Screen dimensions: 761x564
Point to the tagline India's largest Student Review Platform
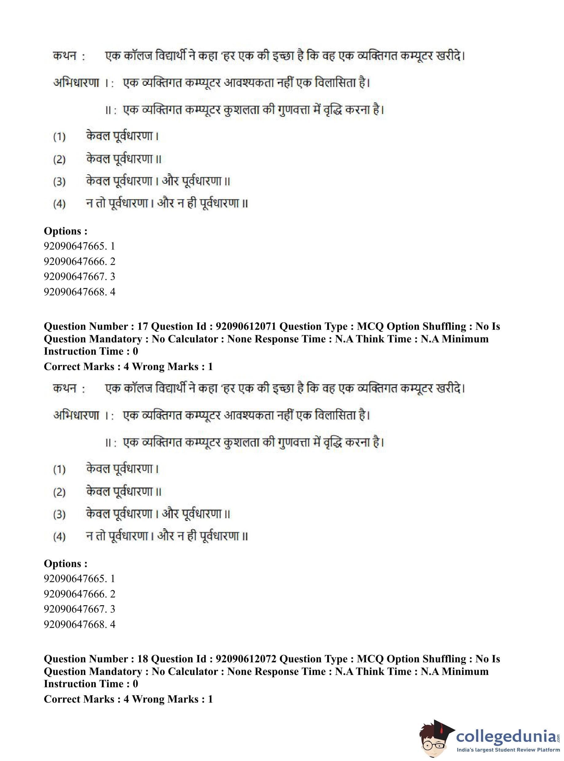(x=508, y=750)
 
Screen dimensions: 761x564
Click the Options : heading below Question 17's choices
(x=65, y=564)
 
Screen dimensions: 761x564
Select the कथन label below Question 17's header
(x=65, y=388)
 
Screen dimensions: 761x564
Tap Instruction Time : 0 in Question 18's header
(x=91, y=684)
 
